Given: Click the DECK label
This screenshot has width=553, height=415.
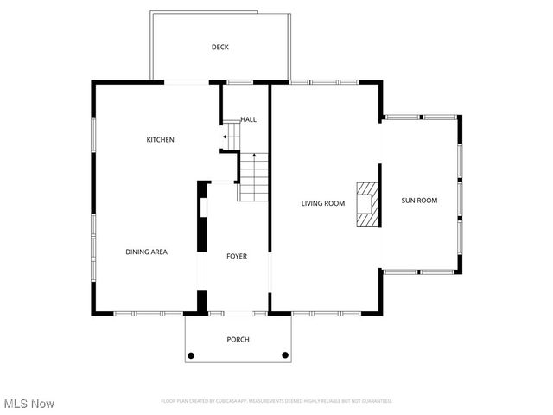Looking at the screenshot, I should click(220, 48).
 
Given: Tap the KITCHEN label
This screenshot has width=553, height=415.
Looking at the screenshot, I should click(160, 140).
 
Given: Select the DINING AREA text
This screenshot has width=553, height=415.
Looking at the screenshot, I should click(146, 252).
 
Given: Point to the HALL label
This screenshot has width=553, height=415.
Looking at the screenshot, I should click(248, 119).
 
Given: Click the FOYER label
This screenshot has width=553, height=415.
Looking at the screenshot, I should click(237, 256).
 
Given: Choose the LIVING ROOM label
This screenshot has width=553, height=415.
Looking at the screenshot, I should click(323, 204).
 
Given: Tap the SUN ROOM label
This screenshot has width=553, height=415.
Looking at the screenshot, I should click(419, 201).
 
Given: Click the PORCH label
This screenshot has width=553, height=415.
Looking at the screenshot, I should click(238, 340).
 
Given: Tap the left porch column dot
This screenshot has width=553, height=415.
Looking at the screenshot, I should click(191, 355).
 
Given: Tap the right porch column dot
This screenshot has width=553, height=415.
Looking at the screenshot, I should click(285, 355).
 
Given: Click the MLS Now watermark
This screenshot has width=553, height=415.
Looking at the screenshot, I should click(29, 404).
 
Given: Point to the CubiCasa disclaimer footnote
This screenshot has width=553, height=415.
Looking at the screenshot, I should click(276, 401).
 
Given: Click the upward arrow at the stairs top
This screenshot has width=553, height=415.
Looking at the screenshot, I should click(254, 155).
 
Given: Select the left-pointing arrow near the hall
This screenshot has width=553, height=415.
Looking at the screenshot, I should click(226, 137).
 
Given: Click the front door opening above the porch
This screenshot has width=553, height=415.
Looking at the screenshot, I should click(237, 312).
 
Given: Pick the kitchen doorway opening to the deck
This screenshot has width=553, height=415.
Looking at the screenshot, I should click(187, 82).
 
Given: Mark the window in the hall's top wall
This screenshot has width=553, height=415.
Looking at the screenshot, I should click(239, 82).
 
